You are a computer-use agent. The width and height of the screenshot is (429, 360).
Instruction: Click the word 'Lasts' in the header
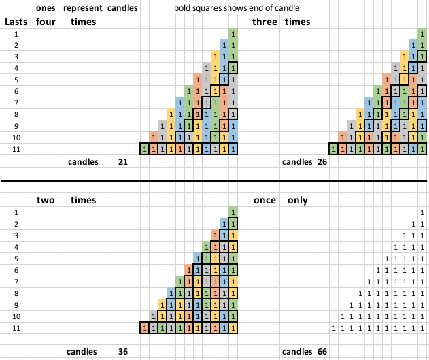pyautogui.click(x=15, y=22)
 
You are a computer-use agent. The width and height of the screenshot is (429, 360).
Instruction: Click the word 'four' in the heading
pyautogui.click(x=45, y=22)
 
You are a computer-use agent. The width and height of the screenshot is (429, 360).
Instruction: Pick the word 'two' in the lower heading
pyautogui.click(x=46, y=200)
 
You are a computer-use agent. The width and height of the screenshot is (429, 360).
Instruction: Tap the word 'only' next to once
pyautogui.click(x=297, y=200)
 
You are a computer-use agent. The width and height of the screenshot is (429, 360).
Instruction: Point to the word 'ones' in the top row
pyautogui.click(x=46, y=8)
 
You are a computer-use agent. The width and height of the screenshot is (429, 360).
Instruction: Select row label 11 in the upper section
pyautogui.click(x=15, y=148)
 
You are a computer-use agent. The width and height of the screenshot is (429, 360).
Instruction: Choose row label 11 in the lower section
pyautogui.click(x=15, y=329)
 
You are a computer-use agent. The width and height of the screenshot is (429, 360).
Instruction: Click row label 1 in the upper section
pyautogui.click(x=15, y=33)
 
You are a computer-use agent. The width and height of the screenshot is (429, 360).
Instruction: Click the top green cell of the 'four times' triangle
pyautogui.click(x=233, y=33)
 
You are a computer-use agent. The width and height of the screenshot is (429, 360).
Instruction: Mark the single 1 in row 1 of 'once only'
pyautogui.click(x=422, y=212)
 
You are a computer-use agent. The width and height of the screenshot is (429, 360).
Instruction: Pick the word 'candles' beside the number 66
pyautogui.click(x=296, y=352)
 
